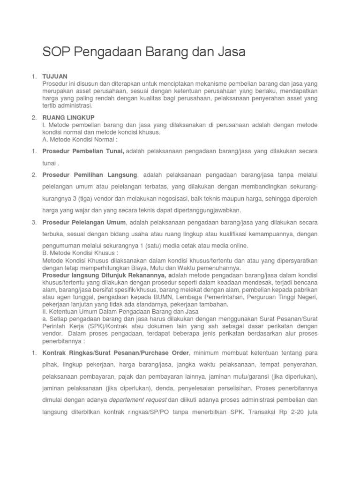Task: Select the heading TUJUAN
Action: [x=55, y=76]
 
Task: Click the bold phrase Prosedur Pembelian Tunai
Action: [x=83, y=151]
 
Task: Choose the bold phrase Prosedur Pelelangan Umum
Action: [x=84, y=222]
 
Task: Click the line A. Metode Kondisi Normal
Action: [x=79, y=139]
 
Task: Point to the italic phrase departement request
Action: [x=137, y=400]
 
